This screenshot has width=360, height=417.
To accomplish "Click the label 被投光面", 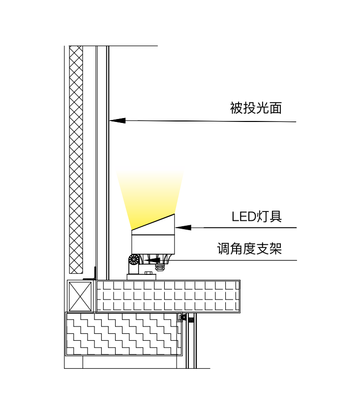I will tap(256, 108).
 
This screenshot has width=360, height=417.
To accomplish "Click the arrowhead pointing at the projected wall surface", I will tap(118, 119).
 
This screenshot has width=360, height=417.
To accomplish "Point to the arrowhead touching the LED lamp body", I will tap(183, 227).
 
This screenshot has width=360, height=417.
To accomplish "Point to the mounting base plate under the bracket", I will tap(146, 277).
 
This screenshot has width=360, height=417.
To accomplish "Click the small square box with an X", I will tap(80, 296).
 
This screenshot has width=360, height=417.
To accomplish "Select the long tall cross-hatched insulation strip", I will tap(76, 157).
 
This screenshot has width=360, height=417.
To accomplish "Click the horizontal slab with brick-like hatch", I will tap(167, 296).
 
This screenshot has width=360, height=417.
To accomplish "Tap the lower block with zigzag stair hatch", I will tap(123, 334).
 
